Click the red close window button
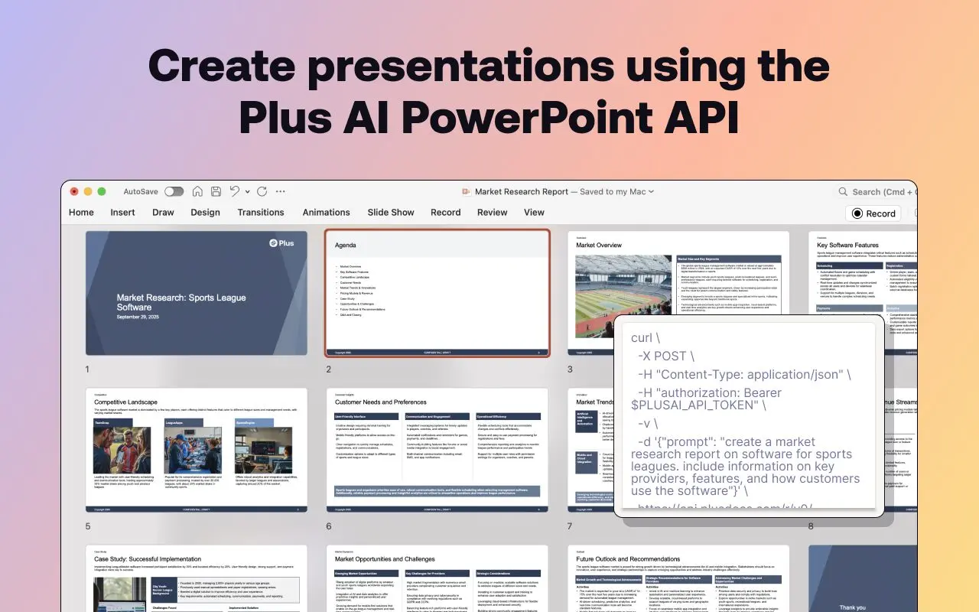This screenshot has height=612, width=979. coord(74,191)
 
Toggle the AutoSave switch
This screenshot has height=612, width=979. coord(174,191)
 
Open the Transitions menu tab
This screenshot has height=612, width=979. coord(260,213)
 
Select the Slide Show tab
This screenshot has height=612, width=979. coord(390,213)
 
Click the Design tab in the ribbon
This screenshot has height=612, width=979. coord(205,213)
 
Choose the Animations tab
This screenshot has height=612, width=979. coord(326,213)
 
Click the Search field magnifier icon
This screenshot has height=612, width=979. coord(843,192)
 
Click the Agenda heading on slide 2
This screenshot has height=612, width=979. coord(345,246)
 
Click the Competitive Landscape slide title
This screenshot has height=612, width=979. coord(125,402)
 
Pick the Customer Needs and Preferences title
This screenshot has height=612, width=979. coord(380,402)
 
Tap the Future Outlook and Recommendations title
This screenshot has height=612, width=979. coord(627,559)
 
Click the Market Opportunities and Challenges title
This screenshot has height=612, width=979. coord(385,559)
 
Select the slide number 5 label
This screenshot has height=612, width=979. coord(88,526)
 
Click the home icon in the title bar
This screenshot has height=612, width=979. coord(197,191)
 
